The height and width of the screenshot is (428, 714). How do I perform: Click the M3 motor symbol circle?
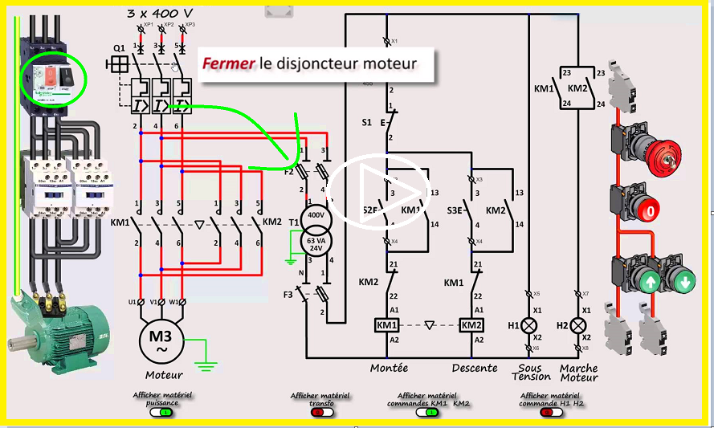tap(164, 341)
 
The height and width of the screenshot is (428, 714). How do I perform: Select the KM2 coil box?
tap(471, 325)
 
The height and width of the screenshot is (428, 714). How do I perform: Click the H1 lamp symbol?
tap(528, 325)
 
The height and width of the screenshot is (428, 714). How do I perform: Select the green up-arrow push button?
tap(647, 282)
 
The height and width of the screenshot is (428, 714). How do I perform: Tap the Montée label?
tap(389, 368)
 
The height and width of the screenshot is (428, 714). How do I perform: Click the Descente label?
tap(475, 368)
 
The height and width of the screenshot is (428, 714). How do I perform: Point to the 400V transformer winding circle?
tap(315, 217)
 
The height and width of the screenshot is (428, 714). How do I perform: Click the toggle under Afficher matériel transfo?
tap(320, 412)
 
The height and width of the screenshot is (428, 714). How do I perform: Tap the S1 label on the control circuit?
tap(366, 123)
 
